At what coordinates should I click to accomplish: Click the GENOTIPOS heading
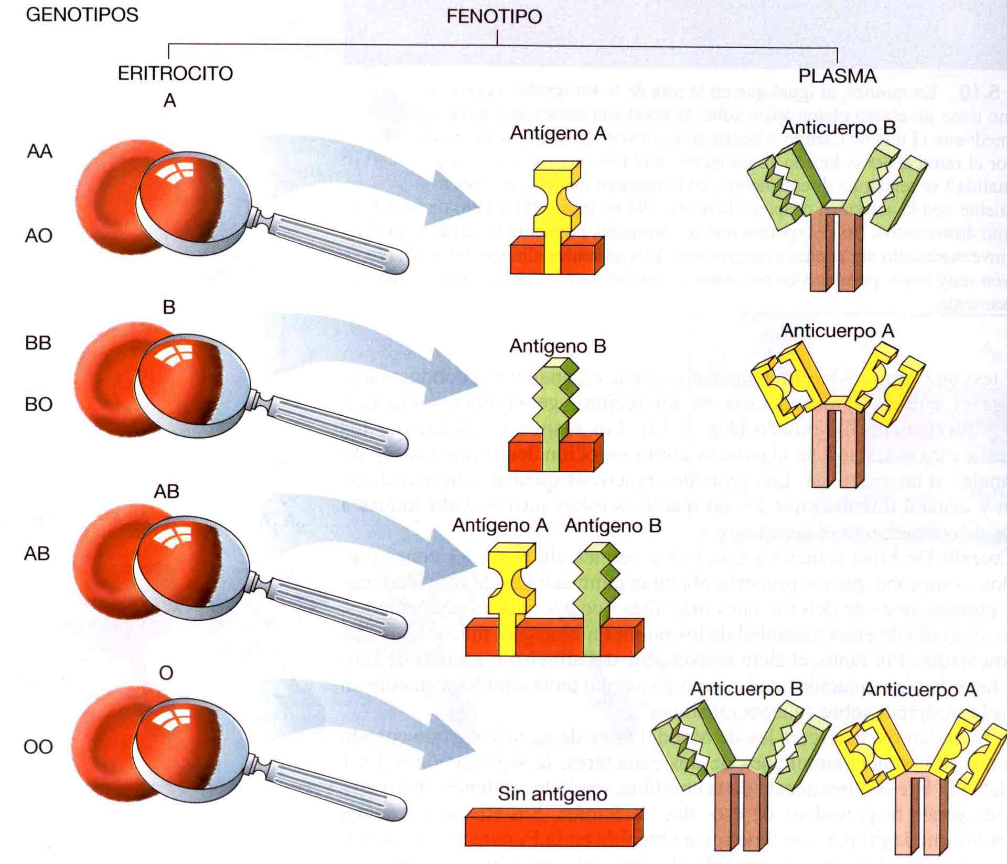[x=82, y=15]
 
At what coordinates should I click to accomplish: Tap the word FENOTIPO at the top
[x=494, y=16]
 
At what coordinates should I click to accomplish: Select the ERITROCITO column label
[x=175, y=73]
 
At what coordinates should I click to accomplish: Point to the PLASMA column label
[x=837, y=76]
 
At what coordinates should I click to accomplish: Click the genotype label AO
[x=39, y=236]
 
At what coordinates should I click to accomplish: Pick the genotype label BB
[x=38, y=343]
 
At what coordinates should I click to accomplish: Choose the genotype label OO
[x=38, y=747]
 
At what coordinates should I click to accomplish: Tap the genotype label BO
[x=39, y=404]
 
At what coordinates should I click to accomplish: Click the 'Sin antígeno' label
[x=552, y=794]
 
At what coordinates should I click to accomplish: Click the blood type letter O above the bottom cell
[x=166, y=673]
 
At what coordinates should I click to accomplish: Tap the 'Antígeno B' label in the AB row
[x=613, y=526]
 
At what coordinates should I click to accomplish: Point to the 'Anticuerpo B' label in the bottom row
[x=746, y=689]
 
